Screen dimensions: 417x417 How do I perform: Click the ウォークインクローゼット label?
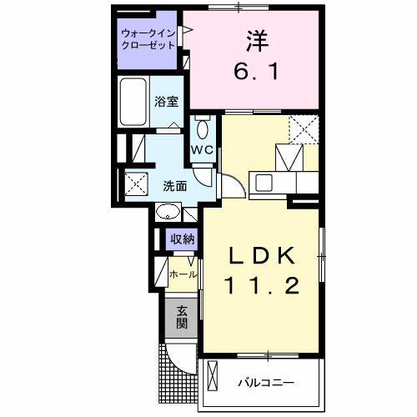click(148, 39)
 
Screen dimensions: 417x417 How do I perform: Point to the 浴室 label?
click(165, 102)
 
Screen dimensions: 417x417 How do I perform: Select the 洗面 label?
click(174, 185)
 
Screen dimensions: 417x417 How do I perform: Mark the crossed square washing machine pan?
click(135, 182)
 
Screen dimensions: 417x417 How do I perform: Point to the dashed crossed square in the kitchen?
click(304, 128)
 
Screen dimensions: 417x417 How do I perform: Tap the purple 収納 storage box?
click(183, 239)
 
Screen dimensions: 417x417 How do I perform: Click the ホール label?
click(183, 274)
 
